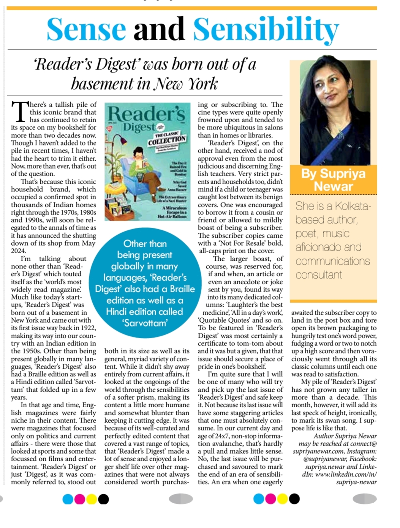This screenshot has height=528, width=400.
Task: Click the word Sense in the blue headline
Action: click(x=86, y=29)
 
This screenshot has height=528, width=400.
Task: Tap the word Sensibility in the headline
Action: click(x=266, y=29)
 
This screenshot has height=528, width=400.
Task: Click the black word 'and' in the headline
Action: click(x=159, y=29)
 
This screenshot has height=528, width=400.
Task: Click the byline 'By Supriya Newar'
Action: click(x=333, y=180)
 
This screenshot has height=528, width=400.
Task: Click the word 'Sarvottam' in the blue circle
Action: click(x=145, y=323)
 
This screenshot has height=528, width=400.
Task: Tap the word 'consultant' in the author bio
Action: click(x=319, y=275)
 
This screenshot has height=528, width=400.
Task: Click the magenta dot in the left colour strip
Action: click(x=80, y=499)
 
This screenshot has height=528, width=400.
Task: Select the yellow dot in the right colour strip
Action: click(x=282, y=499)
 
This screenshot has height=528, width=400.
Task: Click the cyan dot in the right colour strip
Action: click(x=259, y=499)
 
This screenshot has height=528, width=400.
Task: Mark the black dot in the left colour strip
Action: click(x=103, y=499)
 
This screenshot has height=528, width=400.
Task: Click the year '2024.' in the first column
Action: click(x=18, y=251)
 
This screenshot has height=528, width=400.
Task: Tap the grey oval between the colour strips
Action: click(x=181, y=499)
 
